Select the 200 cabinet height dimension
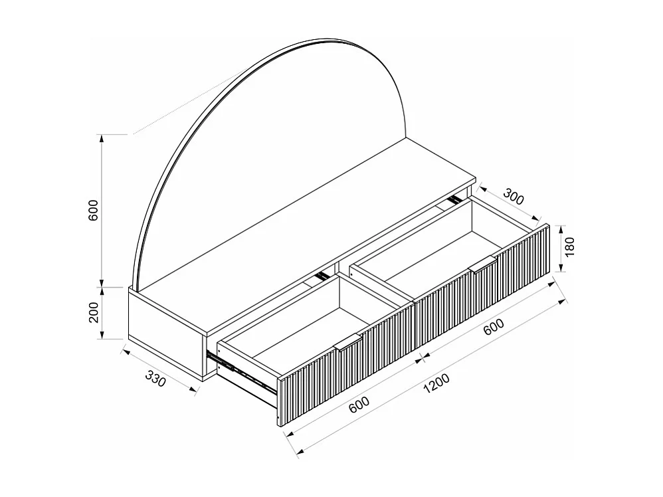pyautogui.click(x=94, y=311)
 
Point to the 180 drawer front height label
pyautogui.click(x=570, y=247)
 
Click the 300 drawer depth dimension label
pyautogui.click(x=514, y=198)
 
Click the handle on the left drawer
pyautogui.click(x=348, y=342)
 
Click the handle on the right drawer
pyautogui.click(x=482, y=263)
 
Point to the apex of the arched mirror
pyautogui.click(x=332, y=41)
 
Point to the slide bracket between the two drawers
pyautogui.click(x=322, y=274)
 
